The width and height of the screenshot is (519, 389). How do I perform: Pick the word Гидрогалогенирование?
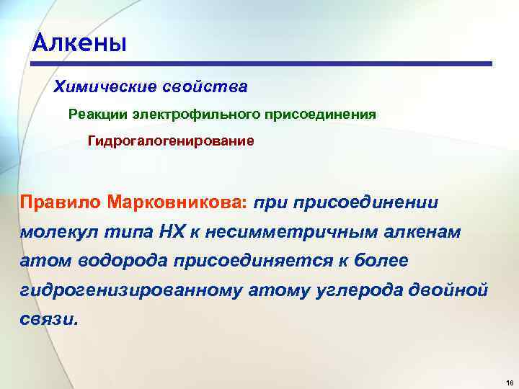[171, 140]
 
